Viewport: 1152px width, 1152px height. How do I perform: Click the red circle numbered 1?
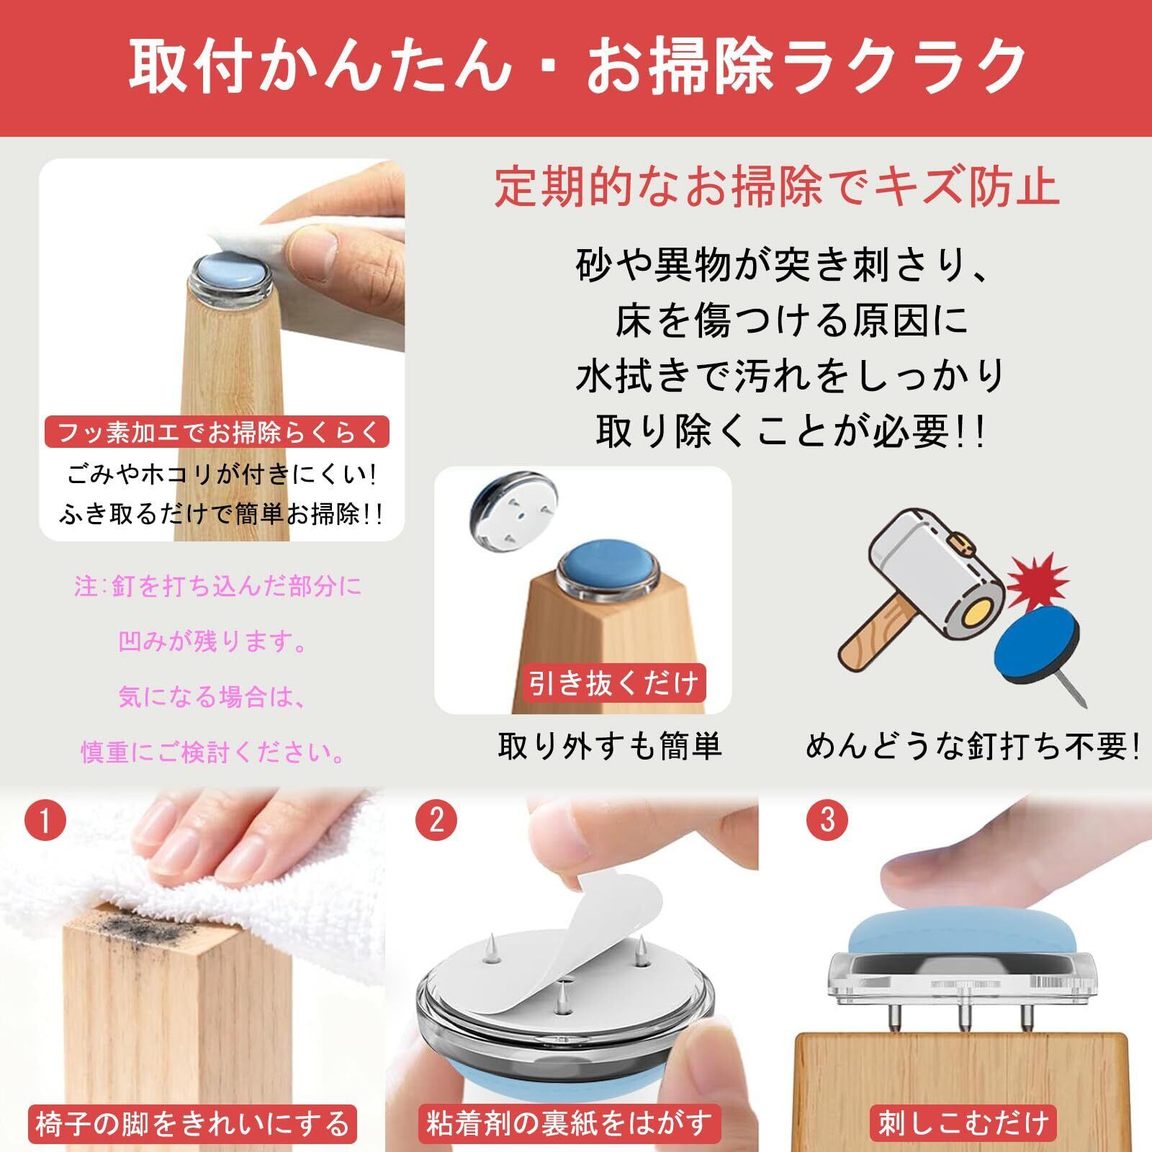(x=45, y=820)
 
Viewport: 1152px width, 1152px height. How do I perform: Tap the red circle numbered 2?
(x=436, y=820)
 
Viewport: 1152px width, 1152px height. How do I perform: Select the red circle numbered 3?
(x=827, y=820)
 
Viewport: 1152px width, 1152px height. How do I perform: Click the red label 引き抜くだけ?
(x=613, y=683)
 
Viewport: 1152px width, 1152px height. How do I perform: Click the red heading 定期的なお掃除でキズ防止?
(x=776, y=187)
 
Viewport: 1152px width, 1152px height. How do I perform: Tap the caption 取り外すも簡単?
(x=610, y=747)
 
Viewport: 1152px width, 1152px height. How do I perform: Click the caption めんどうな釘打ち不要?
(x=973, y=747)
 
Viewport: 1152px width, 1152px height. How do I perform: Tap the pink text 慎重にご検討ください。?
(x=213, y=752)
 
